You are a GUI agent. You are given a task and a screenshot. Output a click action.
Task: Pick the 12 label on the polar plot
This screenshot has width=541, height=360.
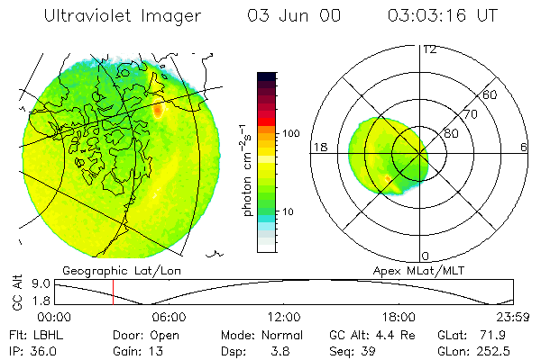(429, 49)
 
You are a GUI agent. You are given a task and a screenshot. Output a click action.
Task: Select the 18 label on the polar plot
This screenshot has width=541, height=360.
(319, 147)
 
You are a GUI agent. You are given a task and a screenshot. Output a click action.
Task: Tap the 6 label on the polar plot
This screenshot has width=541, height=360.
(524, 147)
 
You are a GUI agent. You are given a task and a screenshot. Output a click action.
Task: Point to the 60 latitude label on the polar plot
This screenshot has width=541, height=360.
(491, 94)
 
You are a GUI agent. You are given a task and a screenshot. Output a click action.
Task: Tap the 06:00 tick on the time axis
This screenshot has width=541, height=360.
(170, 317)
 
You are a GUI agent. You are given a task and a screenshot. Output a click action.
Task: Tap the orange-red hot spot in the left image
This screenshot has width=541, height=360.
(159, 111)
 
